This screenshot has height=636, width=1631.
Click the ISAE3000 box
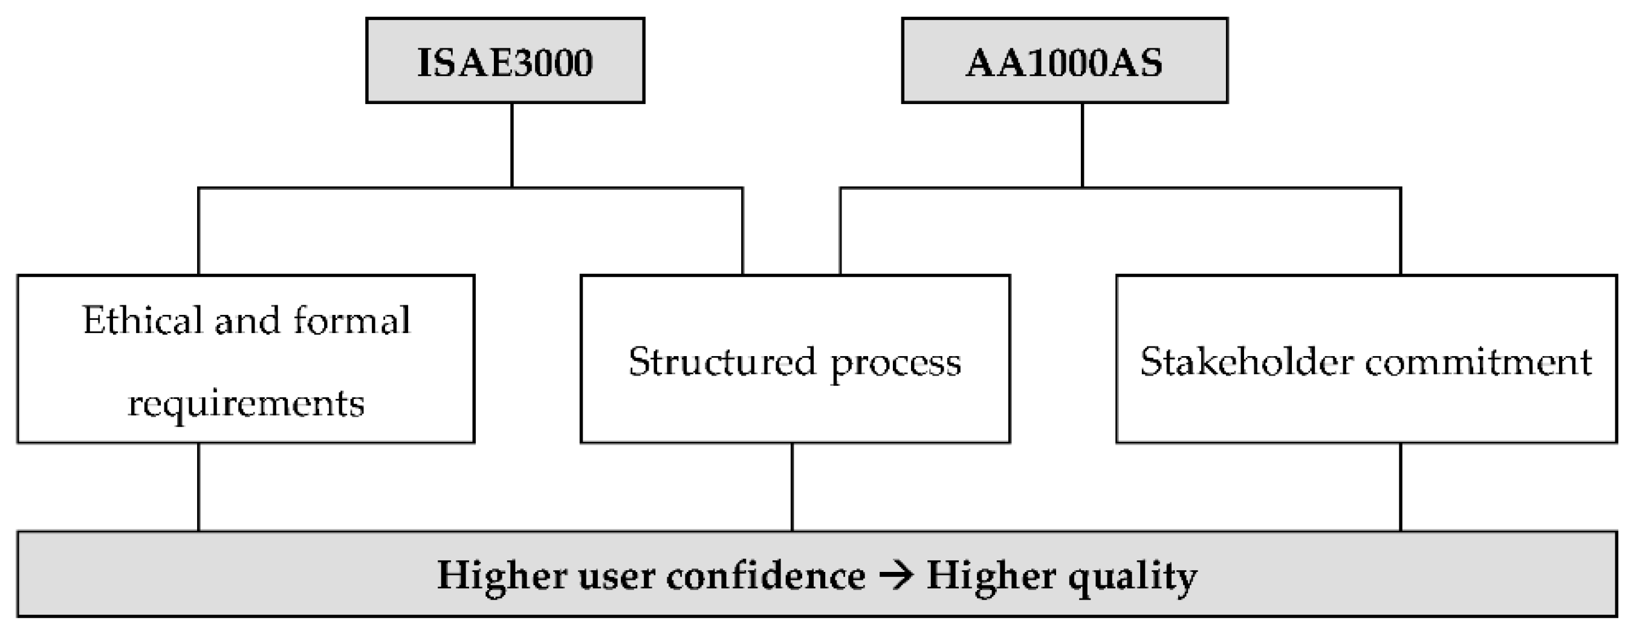point(505,61)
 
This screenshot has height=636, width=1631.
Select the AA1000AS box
point(1065,61)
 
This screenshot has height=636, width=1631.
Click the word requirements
point(245,403)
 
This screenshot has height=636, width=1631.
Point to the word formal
point(351,320)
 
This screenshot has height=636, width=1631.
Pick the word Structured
point(722,362)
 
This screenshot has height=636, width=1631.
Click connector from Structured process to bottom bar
point(792,487)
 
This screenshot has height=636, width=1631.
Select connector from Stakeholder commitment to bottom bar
point(1401,487)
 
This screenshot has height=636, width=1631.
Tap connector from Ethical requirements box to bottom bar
point(199,487)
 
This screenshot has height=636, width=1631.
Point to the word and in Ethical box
point(247,320)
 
